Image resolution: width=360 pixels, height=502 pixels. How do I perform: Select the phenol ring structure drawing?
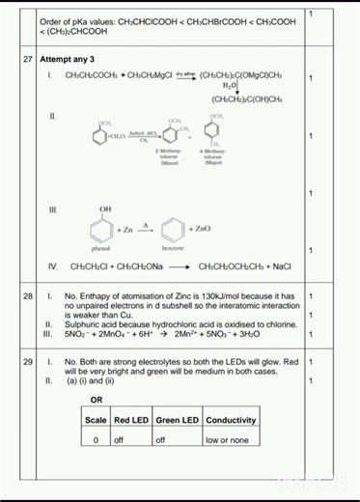click(102, 229)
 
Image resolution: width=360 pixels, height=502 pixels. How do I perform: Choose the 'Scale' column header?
click(97, 420)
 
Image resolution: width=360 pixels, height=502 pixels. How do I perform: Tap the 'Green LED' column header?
click(177, 420)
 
